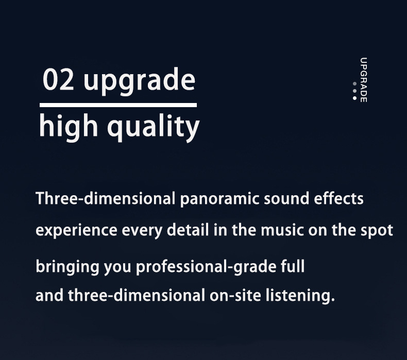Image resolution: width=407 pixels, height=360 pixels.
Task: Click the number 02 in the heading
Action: [58, 80]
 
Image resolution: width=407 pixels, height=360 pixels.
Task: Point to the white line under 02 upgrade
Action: [118, 105]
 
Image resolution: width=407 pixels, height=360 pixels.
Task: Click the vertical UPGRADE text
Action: [364, 79]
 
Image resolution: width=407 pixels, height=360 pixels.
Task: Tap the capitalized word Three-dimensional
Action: [106, 198]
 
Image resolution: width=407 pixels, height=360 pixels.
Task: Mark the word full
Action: [292, 267]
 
